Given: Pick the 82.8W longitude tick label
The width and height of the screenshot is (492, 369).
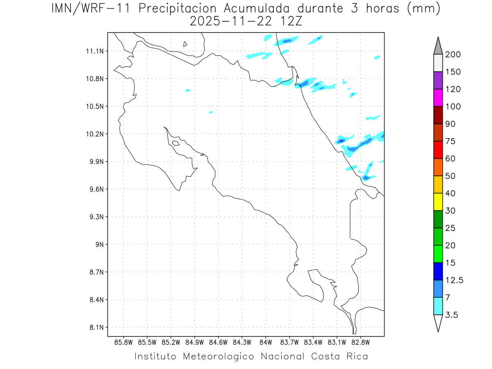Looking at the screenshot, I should (x=360, y=342).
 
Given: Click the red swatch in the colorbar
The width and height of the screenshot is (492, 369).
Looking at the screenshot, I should (x=438, y=150).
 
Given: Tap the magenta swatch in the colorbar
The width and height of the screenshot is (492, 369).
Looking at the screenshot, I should (x=438, y=98).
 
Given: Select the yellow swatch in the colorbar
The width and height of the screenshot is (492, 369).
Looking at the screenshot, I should (x=438, y=202).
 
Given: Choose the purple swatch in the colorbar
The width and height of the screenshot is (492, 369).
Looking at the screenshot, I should (x=438, y=80).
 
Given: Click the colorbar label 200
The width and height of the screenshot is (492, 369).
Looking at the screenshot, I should (x=453, y=55).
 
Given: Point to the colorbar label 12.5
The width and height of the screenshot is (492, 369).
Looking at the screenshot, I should (x=454, y=280).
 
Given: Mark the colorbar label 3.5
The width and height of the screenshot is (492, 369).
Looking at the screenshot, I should (x=452, y=315).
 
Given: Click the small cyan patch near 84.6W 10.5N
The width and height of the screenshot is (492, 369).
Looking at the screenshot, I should (x=211, y=112).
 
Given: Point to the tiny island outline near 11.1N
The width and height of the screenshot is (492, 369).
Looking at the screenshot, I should (x=185, y=44).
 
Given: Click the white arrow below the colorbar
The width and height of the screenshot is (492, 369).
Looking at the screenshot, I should (x=438, y=323).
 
